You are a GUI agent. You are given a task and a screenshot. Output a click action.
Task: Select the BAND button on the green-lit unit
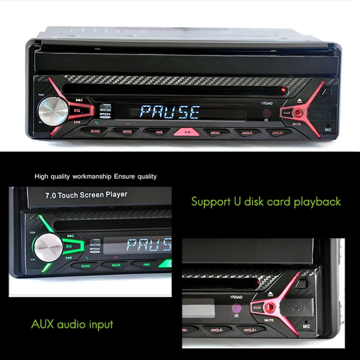coord(85,266)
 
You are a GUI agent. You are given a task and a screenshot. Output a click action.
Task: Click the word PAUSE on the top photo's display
coord(170,112)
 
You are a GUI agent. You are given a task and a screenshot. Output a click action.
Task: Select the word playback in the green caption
coord(317,201)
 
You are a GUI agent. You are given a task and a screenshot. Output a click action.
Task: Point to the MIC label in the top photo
coord(328,130)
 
